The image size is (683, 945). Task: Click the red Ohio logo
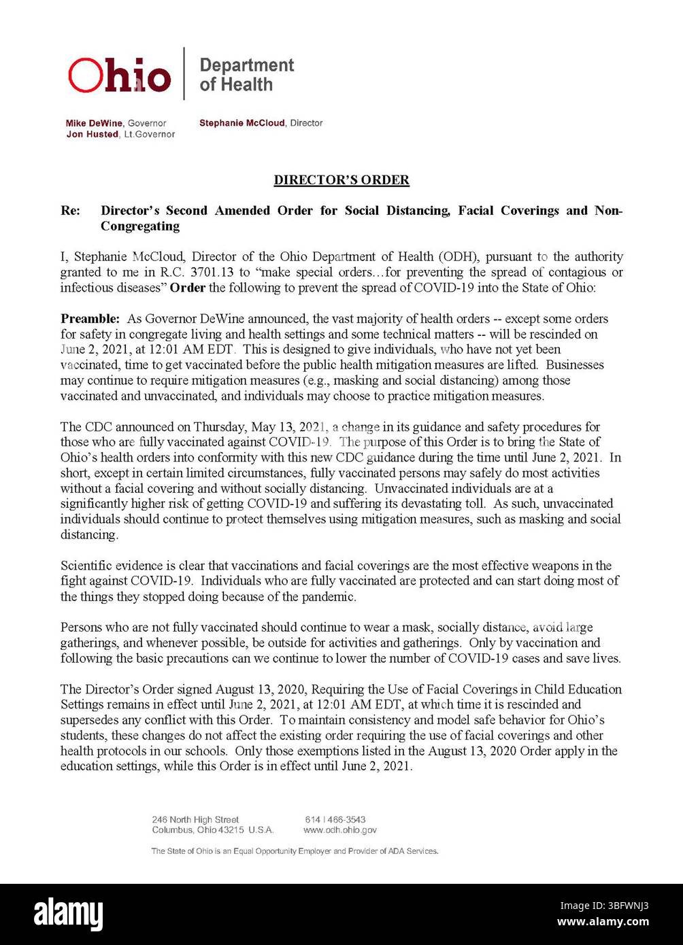click(x=120, y=75)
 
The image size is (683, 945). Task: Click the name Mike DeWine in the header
click(x=94, y=123)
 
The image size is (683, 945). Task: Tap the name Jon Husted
click(x=92, y=135)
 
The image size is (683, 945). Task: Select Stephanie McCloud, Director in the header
click(x=261, y=123)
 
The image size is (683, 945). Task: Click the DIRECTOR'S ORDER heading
click(x=341, y=180)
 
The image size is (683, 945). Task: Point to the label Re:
click(x=70, y=211)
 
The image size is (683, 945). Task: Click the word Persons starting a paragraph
click(x=81, y=628)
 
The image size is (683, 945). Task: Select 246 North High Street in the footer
click(x=195, y=820)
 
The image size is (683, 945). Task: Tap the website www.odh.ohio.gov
click(x=339, y=830)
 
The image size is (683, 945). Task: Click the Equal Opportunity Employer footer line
click(x=295, y=851)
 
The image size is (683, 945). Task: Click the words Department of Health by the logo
click(x=246, y=75)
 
